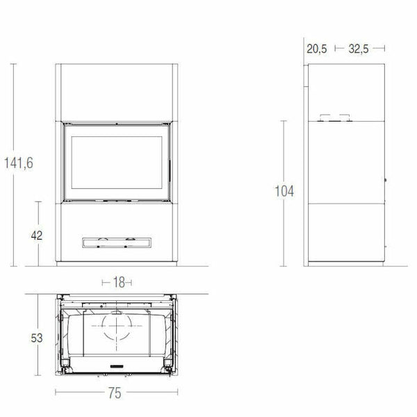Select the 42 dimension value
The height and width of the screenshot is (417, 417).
pyautogui.click(x=37, y=235)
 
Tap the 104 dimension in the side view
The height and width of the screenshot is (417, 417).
pyautogui.click(x=284, y=191)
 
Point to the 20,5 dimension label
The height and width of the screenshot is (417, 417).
pyautogui.click(x=316, y=48)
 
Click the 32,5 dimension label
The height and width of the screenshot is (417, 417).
pyautogui.click(x=359, y=48)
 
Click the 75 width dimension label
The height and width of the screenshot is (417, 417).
pyautogui.click(x=117, y=393)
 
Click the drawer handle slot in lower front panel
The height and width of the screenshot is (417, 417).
pyautogui.click(x=117, y=242)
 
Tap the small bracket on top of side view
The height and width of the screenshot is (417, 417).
pyautogui.click(x=334, y=118)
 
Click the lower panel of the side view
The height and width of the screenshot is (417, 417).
pyautogui.click(x=345, y=233)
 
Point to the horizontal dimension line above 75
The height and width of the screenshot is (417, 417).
pyautogui.click(x=117, y=383)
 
